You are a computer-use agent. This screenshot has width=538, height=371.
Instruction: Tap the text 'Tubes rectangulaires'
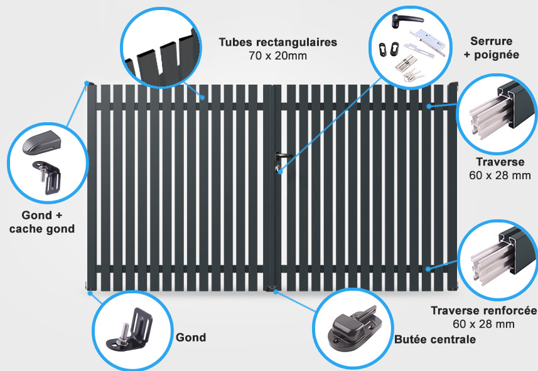click(x=278, y=42)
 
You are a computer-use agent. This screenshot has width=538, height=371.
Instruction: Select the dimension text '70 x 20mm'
click(x=278, y=56)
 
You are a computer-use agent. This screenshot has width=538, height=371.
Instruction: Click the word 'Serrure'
click(x=492, y=41)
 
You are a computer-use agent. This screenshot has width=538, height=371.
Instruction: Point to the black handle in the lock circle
click(x=407, y=20)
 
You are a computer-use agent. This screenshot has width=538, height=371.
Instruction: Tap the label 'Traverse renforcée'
click(x=484, y=310)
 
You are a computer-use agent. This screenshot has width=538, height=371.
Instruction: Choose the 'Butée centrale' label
click(x=435, y=339)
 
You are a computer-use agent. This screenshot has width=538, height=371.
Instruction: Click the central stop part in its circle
click(x=353, y=328)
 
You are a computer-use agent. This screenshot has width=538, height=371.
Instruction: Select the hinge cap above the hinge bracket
click(x=41, y=142)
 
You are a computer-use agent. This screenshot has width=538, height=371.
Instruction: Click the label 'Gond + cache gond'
click(x=42, y=222)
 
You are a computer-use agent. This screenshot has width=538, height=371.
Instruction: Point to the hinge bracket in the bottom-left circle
click(x=130, y=329)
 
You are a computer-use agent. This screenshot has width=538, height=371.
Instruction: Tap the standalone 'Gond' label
click(x=191, y=337)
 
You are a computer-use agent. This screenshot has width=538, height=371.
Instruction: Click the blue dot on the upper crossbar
click(x=429, y=106)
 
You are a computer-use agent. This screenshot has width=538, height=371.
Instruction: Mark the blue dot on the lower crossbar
click(x=428, y=269)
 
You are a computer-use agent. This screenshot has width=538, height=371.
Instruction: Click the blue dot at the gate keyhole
click(x=280, y=171)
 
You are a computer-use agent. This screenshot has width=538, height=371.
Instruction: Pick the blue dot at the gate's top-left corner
click(x=87, y=83)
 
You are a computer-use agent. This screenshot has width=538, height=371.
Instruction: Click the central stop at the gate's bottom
click(x=271, y=288)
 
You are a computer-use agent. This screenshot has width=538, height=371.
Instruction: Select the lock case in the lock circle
click(x=428, y=43)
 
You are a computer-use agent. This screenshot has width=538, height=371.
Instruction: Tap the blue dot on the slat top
click(x=202, y=98)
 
